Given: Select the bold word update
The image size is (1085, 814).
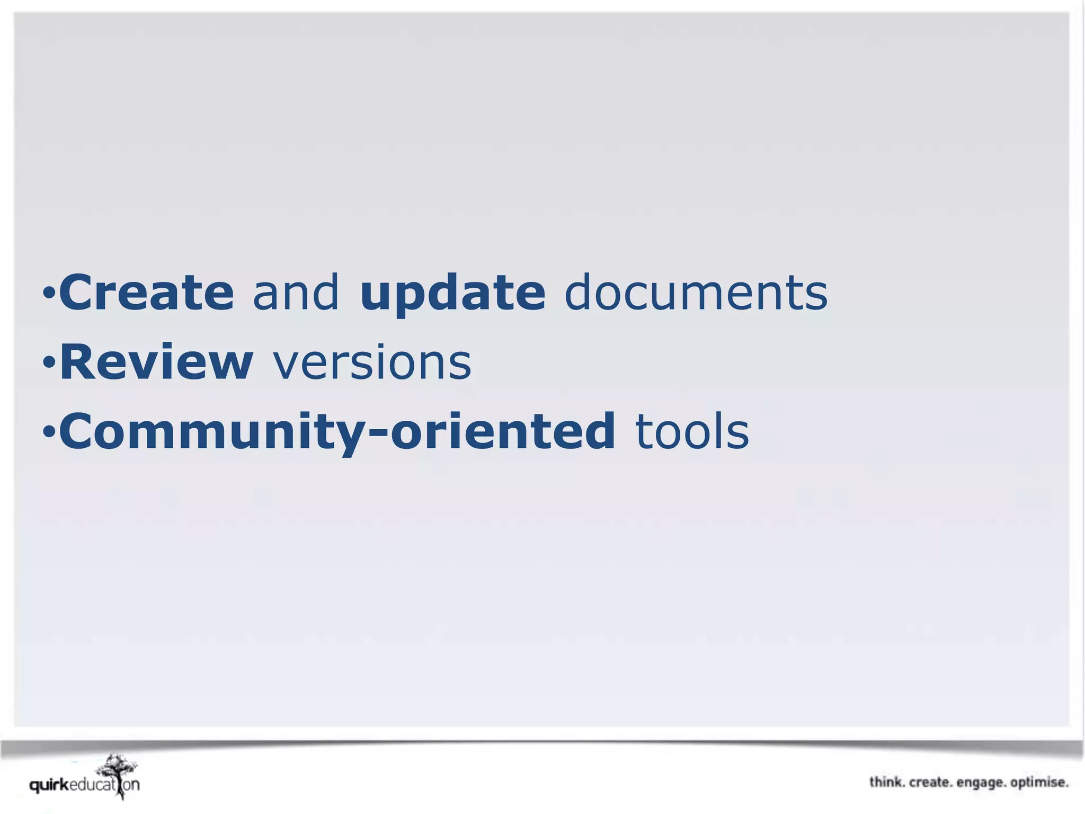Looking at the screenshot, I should coord(452,293).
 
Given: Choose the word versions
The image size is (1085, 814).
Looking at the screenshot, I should coord(372,363).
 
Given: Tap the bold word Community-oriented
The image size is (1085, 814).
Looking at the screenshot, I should coord(337,432).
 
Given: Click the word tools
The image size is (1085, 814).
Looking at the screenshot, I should coord(692,432).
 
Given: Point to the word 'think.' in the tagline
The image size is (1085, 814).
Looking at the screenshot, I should coord(887,782).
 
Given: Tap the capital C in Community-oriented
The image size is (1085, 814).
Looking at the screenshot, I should coord(76,432).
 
